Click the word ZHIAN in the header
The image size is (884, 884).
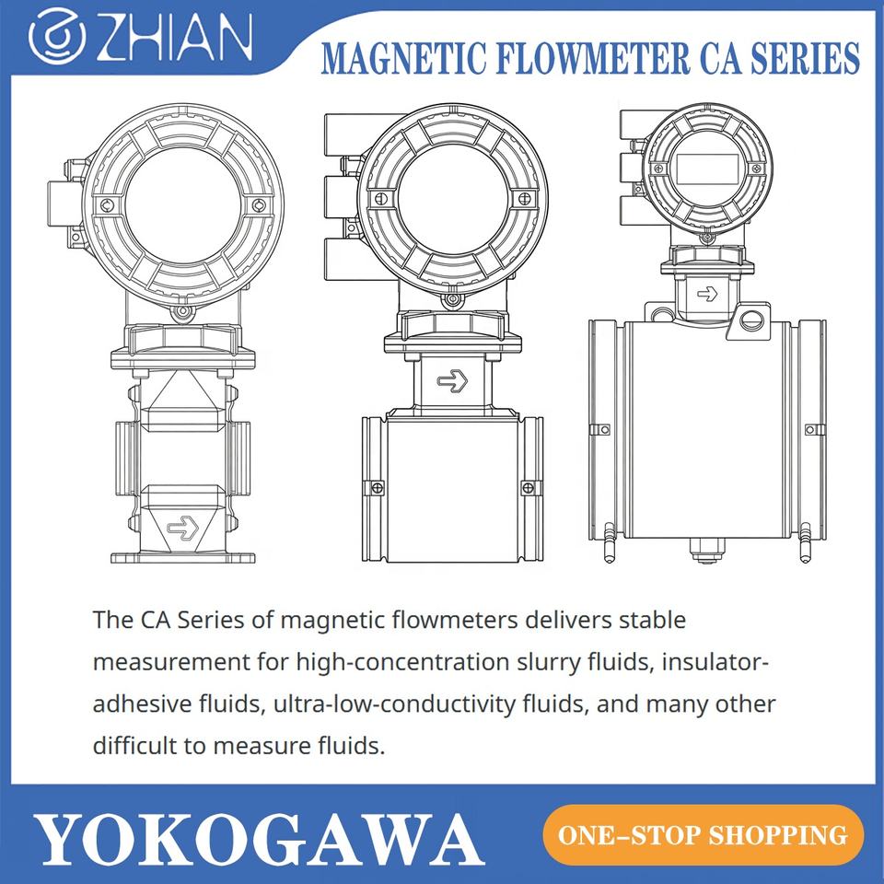coord(174,37)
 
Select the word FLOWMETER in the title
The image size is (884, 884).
coord(592,58)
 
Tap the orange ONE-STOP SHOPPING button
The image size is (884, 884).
coord(703,835)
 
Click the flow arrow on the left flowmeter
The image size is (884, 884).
coord(183,527)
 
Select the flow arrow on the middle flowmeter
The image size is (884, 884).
coord(453,381)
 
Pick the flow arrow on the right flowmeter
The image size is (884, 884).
coord(707,294)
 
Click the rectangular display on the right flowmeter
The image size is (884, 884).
coord(707,169)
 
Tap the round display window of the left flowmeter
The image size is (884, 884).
coord(181,207)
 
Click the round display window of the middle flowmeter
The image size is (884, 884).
coord(453,204)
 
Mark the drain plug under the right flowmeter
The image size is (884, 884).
coord(707,551)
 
